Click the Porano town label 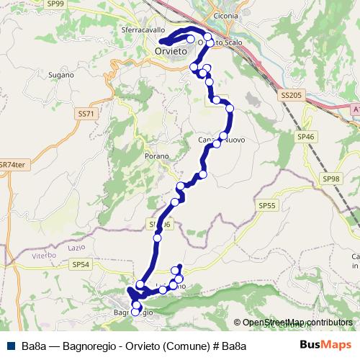pos(156,156)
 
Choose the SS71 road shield pos(85,114)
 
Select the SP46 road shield pos(306,135)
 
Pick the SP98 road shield pos(331,179)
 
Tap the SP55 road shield pos(267,206)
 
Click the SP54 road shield pos(81,264)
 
